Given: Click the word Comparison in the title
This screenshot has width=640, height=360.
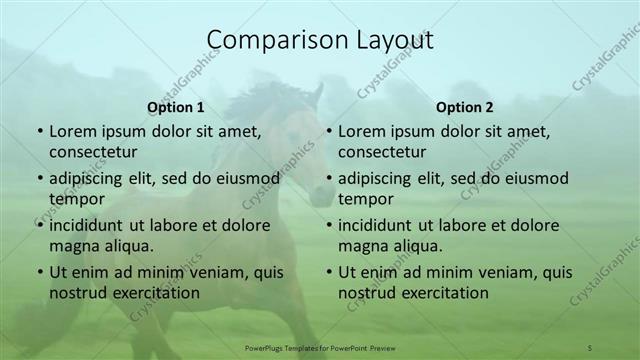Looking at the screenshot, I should (267, 39).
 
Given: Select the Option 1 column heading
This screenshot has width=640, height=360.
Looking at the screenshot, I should (176, 107).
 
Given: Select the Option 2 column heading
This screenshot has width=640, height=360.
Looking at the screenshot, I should (465, 107).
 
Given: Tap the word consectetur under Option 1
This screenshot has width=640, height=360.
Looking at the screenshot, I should (93, 152).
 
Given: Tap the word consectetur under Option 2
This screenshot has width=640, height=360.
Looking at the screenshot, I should (382, 152).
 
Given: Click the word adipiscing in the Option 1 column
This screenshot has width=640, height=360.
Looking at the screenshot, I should (91, 179).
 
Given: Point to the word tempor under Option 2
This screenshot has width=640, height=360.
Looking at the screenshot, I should (365, 199).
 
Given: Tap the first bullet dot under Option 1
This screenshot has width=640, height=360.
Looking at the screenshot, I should (40, 132).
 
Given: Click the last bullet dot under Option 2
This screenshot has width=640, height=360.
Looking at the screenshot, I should (329, 272).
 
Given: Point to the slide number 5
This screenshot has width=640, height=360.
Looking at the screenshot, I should (590, 346).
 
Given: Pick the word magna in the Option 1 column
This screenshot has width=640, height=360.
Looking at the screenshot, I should (73, 246).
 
